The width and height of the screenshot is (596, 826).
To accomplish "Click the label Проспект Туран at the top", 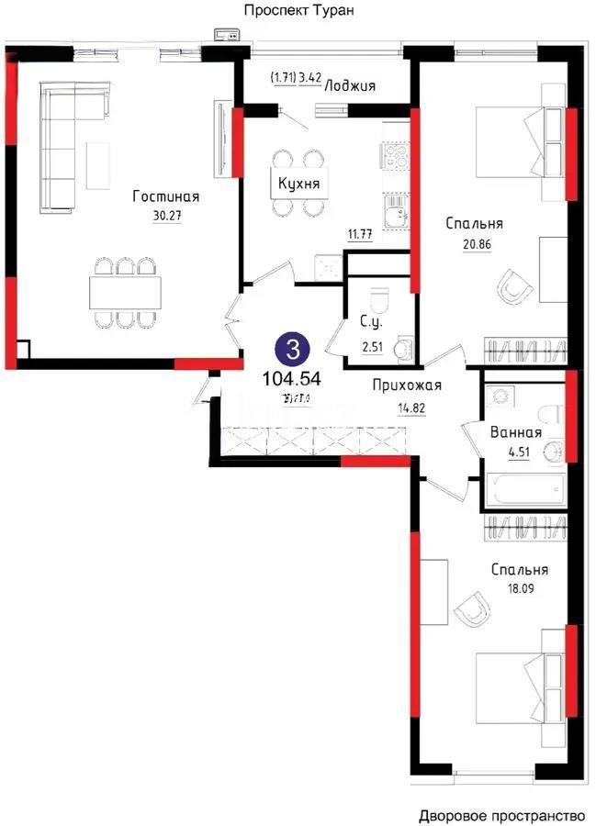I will tap(298, 11).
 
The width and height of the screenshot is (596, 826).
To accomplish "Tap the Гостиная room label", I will tap(165, 196).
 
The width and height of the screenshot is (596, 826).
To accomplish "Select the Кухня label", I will tap(299, 184).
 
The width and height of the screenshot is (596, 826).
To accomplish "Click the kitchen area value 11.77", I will tap(360, 234).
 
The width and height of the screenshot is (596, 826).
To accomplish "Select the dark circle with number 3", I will tap(293, 349).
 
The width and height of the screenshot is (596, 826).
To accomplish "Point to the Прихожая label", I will tap(408, 385).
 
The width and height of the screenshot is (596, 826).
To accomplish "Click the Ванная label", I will tap(516, 432).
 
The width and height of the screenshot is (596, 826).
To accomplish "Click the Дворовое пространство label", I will tap(501, 815).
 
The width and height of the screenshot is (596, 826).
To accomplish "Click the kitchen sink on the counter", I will tap(397, 215).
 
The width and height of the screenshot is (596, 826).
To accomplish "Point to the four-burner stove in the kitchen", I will tap(397, 157).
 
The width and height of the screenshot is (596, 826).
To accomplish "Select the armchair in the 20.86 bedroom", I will tap(514, 287).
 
